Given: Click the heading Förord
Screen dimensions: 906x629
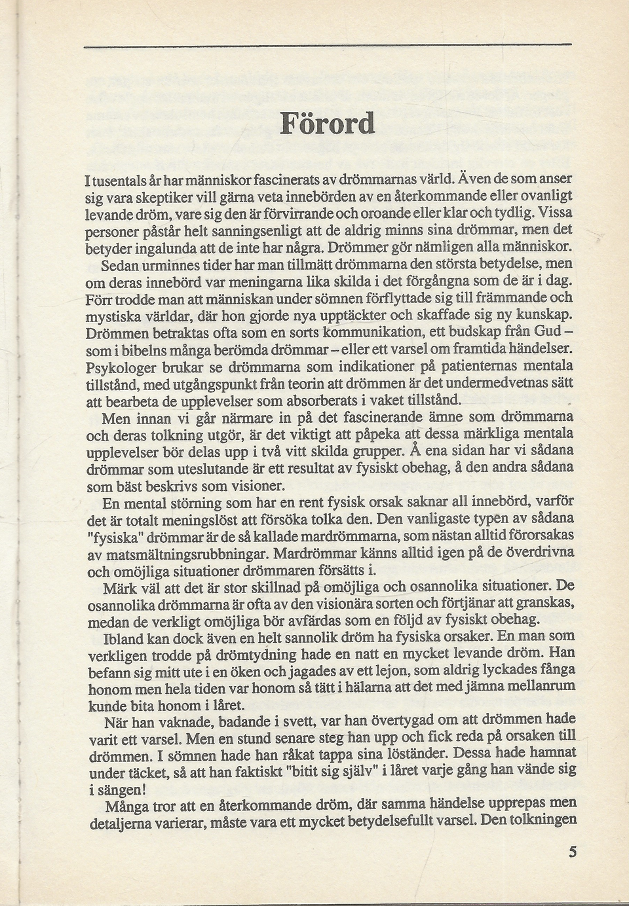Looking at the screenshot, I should point(328,122).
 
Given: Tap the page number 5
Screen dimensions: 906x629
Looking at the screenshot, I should point(573,852).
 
